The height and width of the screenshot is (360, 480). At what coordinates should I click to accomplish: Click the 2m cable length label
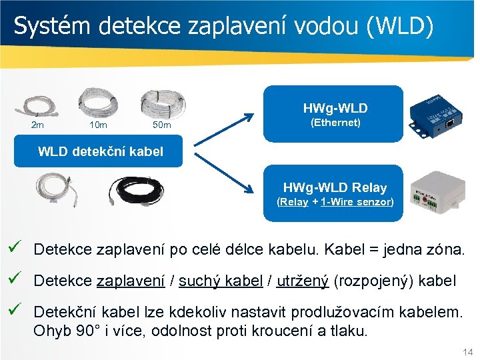click(38, 125)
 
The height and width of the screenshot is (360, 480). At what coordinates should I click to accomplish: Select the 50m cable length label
click(162, 125)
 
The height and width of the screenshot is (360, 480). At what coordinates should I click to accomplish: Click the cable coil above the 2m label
click(40, 105)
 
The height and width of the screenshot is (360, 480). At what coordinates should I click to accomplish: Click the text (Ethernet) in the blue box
click(335, 123)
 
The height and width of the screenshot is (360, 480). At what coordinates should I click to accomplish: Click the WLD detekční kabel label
click(101, 151)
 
